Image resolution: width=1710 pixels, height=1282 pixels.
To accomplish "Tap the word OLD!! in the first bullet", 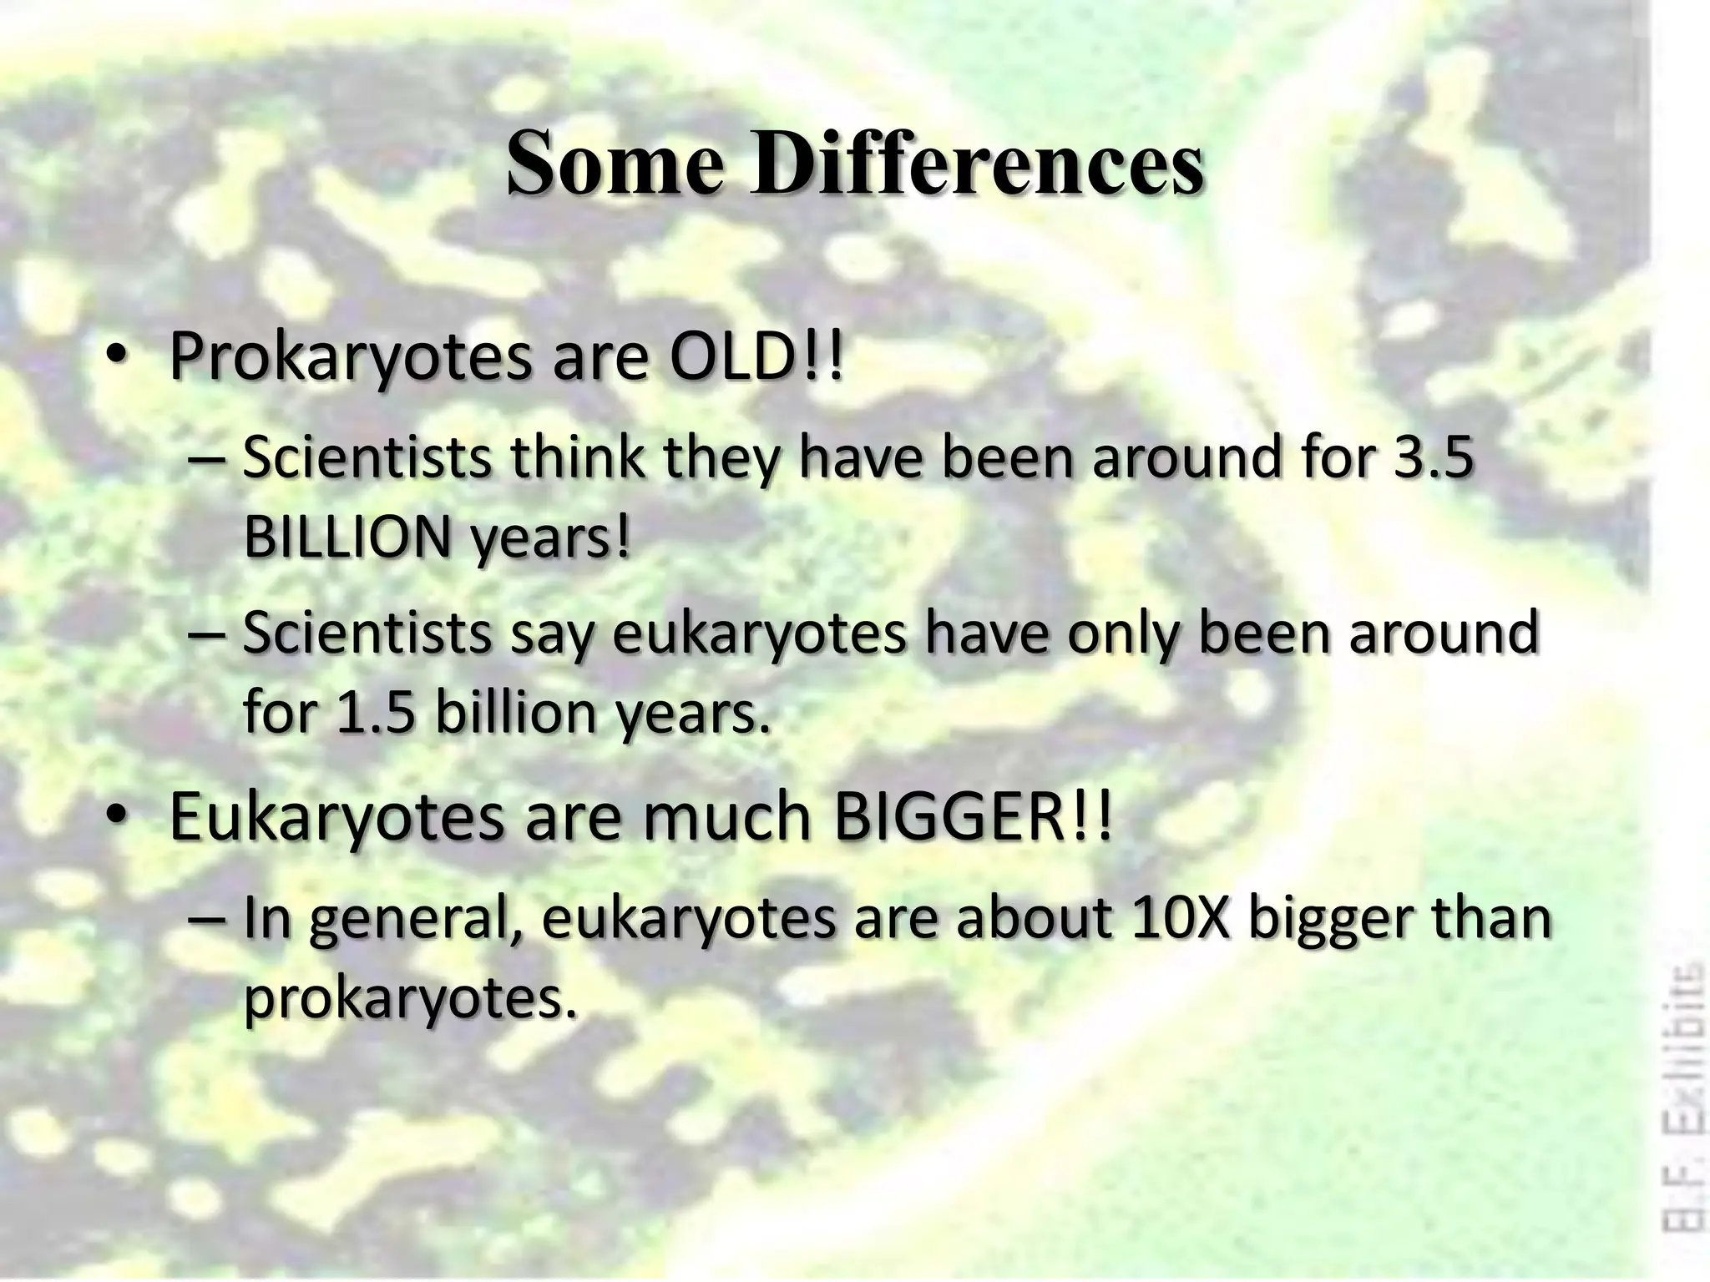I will [756, 357].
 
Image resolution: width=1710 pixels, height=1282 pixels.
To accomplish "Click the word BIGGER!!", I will [974, 817].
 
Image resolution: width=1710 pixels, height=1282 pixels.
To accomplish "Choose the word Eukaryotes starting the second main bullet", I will [336, 818].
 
